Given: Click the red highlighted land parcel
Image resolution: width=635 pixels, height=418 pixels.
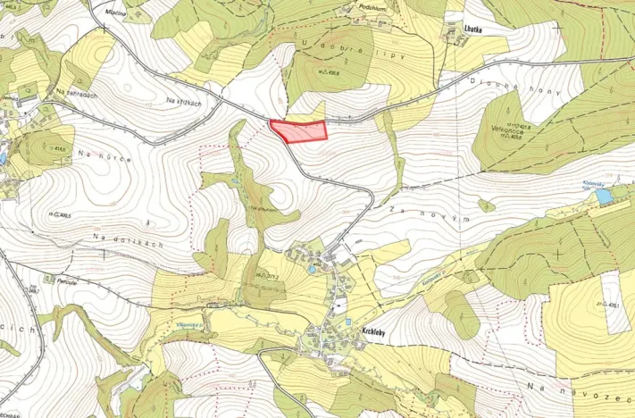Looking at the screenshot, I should point(300,131).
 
